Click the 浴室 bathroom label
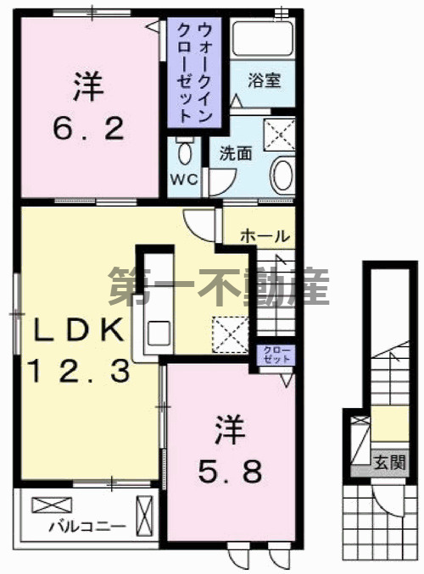[x=265, y=81]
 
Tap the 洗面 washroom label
[x=235, y=154]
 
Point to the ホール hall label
[x=265, y=236]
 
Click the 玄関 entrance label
[x=391, y=461]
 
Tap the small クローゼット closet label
[x=276, y=354]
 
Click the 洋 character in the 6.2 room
[x=87, y=85]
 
